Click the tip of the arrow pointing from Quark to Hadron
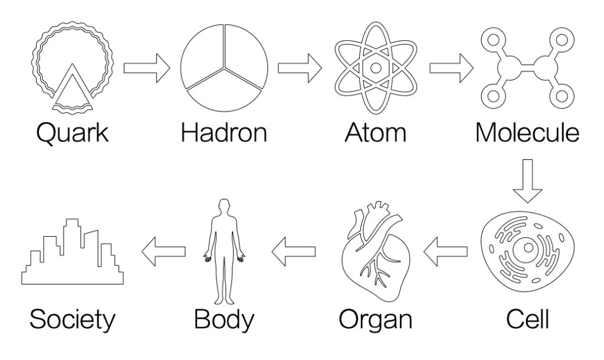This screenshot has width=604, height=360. click(x=170, y=68)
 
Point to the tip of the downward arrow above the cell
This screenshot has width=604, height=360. click(x=527, y=203)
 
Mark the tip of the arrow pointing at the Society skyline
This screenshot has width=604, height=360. click(x=142, y=251)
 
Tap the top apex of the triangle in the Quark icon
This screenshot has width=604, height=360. click(x=71, y=64)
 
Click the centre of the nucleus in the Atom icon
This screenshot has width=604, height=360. click(x=376, y=68)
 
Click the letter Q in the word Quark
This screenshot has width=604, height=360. click(x=49, y=133)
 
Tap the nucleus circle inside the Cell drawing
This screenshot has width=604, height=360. click(x=528, y=248)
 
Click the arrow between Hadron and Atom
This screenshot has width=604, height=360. click(x=300, y=68)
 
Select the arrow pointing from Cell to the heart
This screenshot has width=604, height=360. click(x=445, y=251)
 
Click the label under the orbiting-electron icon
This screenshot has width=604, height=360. click(x=376, y=132)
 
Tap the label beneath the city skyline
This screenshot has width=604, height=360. click(x=73, y=319)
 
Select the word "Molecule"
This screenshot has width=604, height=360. click(x=527, y=132)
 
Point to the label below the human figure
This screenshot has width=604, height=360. click(x=224, y=319)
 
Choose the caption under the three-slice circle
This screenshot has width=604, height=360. click(x=224, y=132)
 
